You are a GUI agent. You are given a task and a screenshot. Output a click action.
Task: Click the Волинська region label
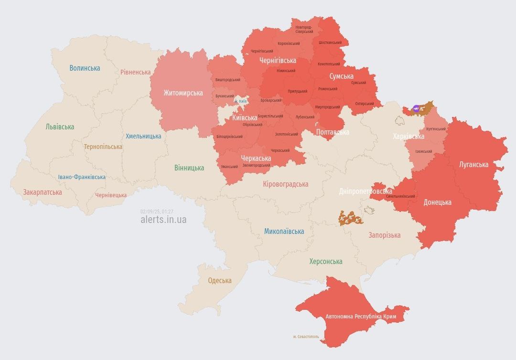85,68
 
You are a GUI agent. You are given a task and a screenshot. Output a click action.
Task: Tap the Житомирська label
183,93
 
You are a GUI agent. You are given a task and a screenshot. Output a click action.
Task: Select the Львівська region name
60,127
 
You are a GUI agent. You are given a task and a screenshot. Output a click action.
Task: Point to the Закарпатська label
43,192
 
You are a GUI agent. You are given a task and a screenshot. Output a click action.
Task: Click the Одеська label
220,281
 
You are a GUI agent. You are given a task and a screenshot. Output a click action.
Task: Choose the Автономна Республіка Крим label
361,317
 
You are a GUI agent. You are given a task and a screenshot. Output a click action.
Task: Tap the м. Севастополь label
308,337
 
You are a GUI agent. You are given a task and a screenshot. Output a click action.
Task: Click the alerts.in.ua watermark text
163,220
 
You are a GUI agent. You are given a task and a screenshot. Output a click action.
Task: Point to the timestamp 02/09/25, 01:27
157,212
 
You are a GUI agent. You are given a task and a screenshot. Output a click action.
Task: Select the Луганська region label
473,165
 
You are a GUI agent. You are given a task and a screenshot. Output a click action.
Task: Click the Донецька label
437,202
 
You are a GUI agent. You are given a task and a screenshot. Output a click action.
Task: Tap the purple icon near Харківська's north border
416,109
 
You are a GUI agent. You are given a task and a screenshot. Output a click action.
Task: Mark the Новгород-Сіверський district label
304,29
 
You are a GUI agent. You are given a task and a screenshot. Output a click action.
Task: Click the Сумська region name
341,76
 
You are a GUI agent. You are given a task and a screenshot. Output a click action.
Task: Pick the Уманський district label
229,167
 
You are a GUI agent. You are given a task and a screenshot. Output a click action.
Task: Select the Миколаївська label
284,232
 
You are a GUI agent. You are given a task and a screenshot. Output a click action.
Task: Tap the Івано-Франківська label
82,177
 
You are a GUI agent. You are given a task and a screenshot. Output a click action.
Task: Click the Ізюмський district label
423,152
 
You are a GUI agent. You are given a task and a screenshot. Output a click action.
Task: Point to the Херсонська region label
325,262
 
